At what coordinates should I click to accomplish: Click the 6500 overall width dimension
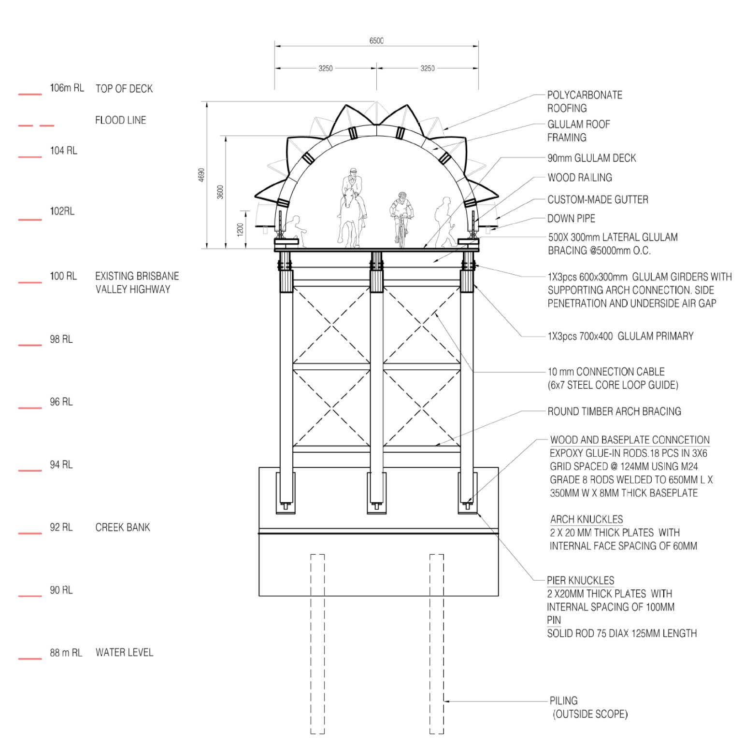click(x=376, y=41)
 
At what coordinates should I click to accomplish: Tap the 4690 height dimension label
click(x=202, y=175)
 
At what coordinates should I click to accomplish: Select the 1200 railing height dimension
click(x=240, y=229)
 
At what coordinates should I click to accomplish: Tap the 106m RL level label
click(x=67, y=88)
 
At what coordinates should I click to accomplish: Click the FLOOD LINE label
click(x=120, y=120)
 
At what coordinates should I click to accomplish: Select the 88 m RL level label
click(x=66, y=653)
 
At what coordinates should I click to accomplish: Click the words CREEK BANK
click(x=123, y=527)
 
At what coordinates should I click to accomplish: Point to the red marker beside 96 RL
click(x=30, y=408)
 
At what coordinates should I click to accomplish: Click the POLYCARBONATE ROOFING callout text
click(x=585, y=101)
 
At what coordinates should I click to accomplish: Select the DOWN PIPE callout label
click(x=571, y=219)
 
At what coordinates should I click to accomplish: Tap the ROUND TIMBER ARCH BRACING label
click(x=614, y=411)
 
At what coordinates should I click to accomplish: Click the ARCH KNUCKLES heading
click(x=587, y=519)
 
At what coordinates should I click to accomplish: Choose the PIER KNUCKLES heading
click(x=580, y=580)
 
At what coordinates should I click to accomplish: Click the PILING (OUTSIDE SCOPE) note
click(x=589, y=707)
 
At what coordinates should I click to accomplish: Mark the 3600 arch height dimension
click(x=220, y=192)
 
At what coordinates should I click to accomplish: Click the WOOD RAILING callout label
click(x=580, y=178)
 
